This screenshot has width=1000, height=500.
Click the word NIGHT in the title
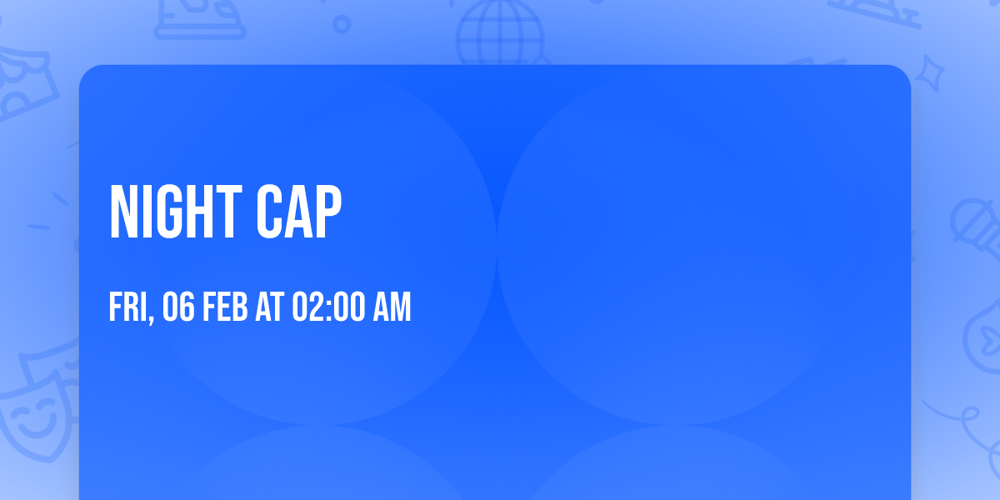point(176,212)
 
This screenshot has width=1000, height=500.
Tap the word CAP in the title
point(299,212)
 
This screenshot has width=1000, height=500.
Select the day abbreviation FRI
point(128,307)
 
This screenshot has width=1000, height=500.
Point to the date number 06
point(178,307)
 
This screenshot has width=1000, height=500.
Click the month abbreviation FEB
point(225,307)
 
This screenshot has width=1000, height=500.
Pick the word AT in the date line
point(270,307)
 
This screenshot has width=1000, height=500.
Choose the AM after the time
point(392,307)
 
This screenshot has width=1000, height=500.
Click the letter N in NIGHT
point(122,212)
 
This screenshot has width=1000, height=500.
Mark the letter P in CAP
point(328,212)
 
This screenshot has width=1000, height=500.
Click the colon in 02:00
point(329,309)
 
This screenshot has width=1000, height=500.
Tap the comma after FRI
point(151,318)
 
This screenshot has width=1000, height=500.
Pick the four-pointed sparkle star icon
point(929,73)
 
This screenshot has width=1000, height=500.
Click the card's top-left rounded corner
point(85,71)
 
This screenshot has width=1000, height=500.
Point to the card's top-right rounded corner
point(905,71)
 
